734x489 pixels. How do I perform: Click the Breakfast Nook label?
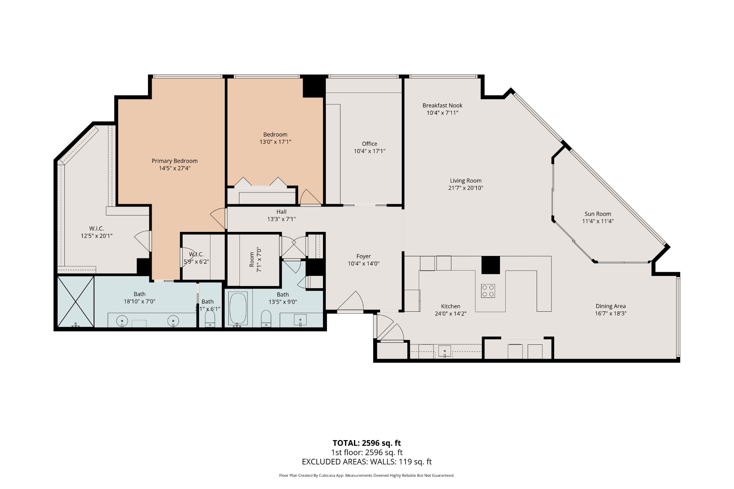point(442,106)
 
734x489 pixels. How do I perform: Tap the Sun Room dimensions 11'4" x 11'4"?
point(597,221)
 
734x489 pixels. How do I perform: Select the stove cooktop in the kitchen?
point(488,291)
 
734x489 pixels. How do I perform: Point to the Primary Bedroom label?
point(175,161)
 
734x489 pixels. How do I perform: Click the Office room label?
point(369,144)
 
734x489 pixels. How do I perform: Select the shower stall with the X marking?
point(75,302)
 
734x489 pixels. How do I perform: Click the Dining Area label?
point(610,306)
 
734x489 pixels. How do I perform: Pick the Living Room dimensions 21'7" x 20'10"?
point(466,188)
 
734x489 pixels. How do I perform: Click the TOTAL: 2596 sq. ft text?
point(367,443)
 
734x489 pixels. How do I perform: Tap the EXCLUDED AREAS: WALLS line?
point(367,462)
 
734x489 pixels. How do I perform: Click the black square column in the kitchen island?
point(491,265)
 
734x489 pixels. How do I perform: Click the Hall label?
point(281,212)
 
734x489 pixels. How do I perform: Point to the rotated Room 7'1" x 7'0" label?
point(255,260)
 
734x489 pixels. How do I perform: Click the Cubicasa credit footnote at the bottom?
point(367,476)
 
